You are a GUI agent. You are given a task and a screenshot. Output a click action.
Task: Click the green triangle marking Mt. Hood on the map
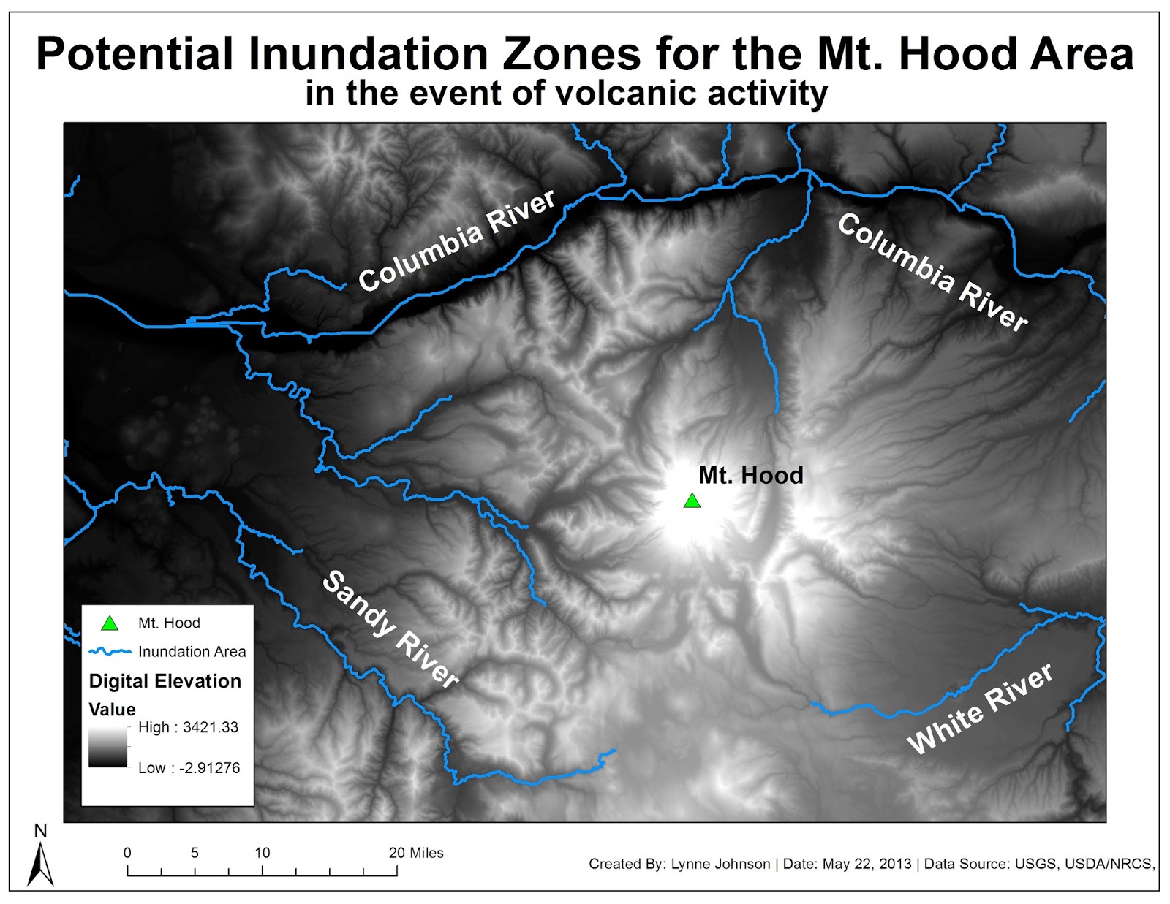pos(692,501)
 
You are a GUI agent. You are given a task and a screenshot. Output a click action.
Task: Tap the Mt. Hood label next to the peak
pos(750,476)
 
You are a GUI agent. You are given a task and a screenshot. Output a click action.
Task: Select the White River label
pos(980,708)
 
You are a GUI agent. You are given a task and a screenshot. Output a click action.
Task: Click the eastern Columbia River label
pos(932,273)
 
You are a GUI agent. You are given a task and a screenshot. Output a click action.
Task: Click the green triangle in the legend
pos(110,623)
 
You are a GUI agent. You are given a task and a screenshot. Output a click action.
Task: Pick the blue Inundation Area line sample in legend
pos(110,651)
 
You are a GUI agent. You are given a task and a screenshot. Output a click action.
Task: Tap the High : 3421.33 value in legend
pos(188,727)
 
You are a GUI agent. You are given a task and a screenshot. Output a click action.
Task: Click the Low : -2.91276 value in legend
pos(189,768)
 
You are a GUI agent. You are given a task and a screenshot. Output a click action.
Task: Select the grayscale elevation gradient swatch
pos(107,748)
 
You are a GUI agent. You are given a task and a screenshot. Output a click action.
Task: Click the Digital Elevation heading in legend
pos(165,681)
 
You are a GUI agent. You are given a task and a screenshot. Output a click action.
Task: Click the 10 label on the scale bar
pos(262,853)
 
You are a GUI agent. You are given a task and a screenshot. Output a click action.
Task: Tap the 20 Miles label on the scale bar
pos(416,853)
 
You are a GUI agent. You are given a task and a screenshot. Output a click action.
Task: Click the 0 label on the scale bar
pos(127,853)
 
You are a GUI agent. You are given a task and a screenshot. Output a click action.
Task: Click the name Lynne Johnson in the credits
pos(720,864)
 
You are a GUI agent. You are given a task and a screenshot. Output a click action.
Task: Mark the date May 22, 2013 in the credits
pos(867,864)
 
